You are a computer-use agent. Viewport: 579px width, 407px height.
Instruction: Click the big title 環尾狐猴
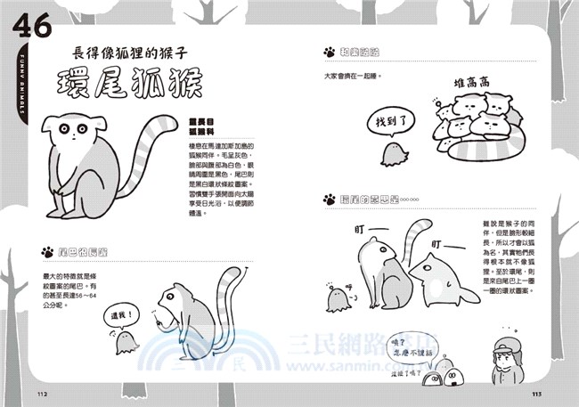tap(135, 83)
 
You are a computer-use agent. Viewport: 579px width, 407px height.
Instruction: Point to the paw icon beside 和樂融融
tap(330, 53)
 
